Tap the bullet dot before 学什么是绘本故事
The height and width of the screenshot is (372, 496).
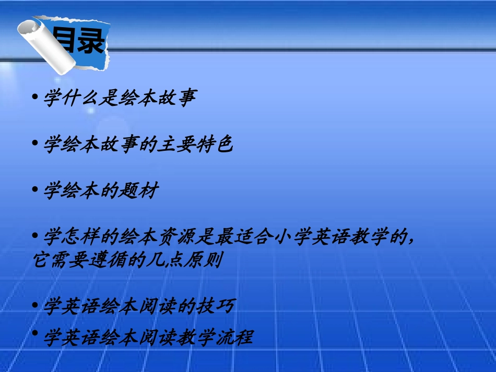(x=35, y=97)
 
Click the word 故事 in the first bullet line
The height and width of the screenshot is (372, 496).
(x=180, y=98)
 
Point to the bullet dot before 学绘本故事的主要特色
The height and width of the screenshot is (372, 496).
(x=35, y=143)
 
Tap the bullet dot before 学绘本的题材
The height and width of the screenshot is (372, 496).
(x=35, y=189)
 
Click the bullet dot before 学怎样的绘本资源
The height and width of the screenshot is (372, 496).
(x=35, y=235)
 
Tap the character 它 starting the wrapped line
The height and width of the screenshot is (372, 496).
(x=40, y=259)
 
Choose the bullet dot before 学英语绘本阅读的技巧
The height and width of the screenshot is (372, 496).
(x=35, y=305)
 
